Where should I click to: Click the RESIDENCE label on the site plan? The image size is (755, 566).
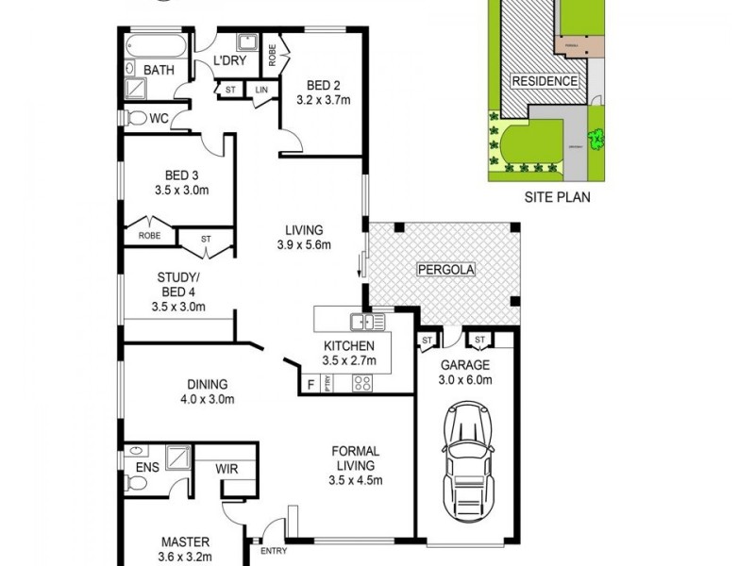(545, 81)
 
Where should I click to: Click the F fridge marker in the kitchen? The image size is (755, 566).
(310, 384)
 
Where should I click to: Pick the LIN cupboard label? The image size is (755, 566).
(260, 90)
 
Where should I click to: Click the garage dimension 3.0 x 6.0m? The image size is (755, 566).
(464, 380)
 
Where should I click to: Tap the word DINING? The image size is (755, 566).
(208, 384)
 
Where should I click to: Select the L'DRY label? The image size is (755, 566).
(229, 61)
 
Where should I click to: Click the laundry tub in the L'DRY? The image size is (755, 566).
(247, 42)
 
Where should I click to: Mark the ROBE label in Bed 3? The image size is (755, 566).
(149, 236)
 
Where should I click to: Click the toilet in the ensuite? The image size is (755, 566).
(135, 484)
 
